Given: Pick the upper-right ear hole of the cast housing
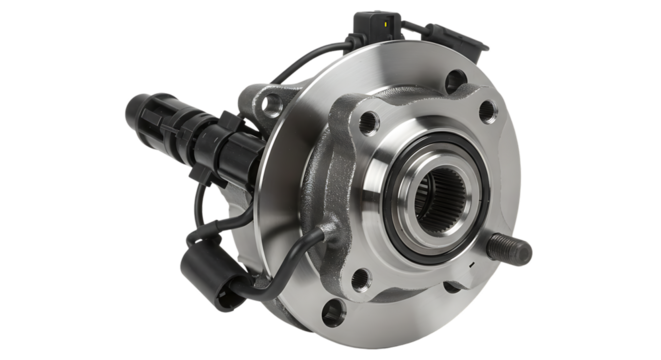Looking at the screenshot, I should [488, 113].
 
